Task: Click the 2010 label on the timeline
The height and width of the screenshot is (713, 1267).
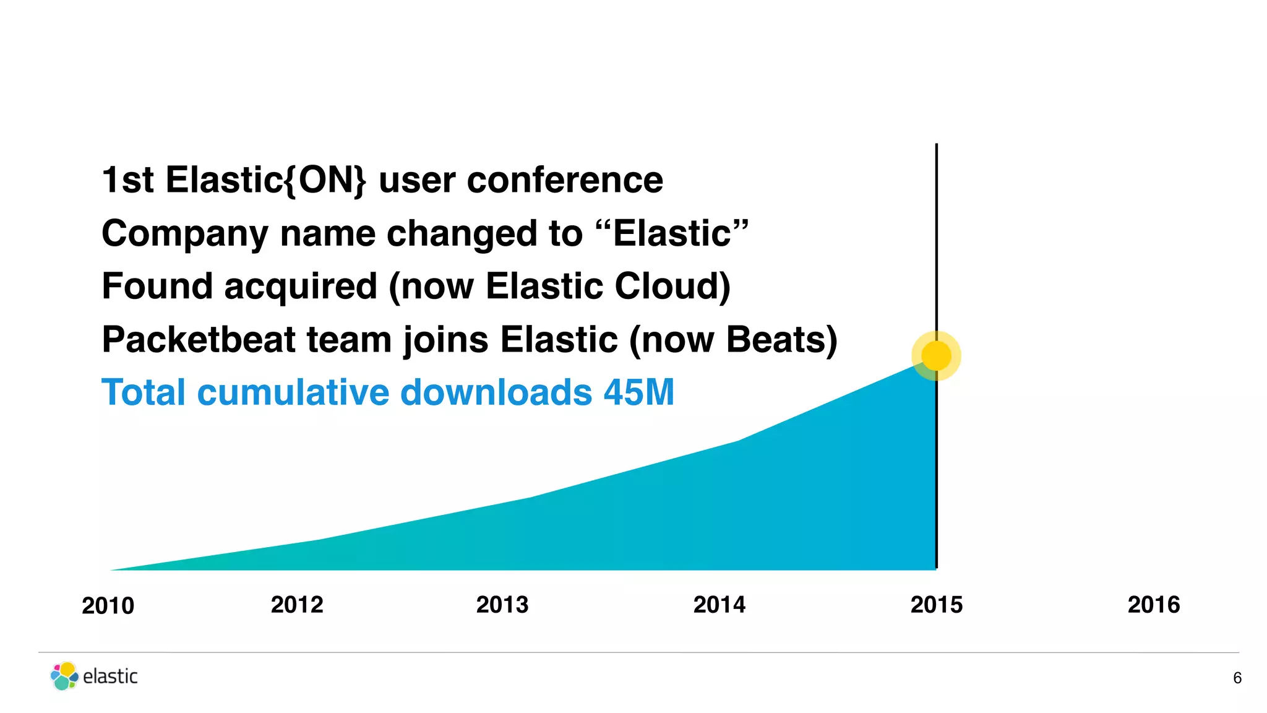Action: click(x=108, y=606)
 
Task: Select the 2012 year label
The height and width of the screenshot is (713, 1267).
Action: click(x=297, y=605)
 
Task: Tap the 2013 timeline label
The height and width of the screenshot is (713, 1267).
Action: click(x=502, y=605)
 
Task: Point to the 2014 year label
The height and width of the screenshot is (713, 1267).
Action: click(x=719, y=605)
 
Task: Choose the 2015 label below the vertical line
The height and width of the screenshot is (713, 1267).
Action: click(x=936, y=605)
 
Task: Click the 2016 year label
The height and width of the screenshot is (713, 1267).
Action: click(x=1153, y=605)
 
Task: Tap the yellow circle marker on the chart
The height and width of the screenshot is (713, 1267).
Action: click(x=936, y=356)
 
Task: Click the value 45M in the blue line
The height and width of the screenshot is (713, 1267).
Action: click(x=638, y=392)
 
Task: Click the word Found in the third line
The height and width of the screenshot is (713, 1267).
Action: click(x=157, y=287)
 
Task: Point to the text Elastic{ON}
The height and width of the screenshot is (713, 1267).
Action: click(x=265, y=180)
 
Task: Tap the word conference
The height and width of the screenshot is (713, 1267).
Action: click(x=564, y=180)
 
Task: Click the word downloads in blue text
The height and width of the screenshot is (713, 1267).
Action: click(x=496, y=392)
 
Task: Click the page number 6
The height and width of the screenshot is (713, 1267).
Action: click(x=1237, y=678)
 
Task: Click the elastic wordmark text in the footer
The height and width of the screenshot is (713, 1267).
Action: click(x=110, y=676)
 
